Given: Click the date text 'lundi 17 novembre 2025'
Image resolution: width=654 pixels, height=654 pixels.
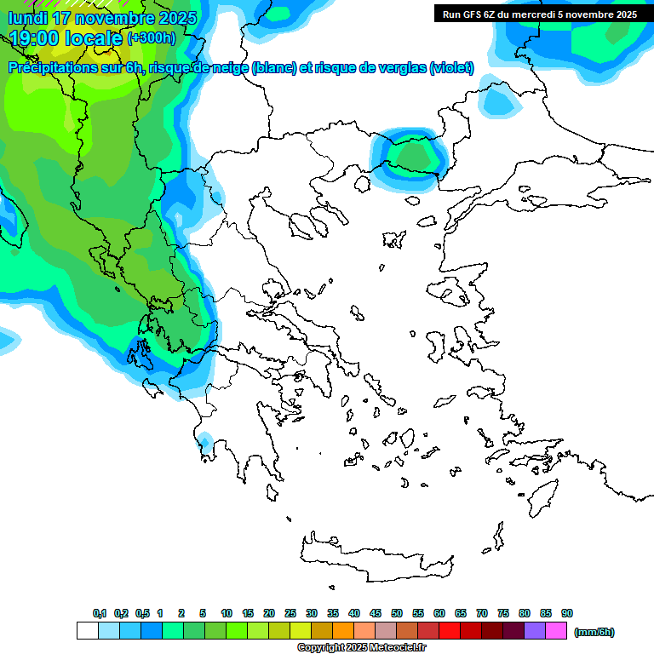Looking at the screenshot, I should point(102,18).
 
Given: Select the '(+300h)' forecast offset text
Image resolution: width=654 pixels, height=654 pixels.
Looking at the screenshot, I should point(152,38).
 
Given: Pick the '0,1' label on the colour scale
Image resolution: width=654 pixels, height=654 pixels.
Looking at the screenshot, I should point(100,613).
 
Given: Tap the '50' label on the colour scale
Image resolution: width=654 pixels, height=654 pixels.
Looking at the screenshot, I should point(397,613).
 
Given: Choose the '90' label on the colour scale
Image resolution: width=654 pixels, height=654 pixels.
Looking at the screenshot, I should point(567,613).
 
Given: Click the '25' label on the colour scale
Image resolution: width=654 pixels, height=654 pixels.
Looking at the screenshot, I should point(290,613).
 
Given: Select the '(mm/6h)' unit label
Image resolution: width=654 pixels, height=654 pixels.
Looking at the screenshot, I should point(594,632).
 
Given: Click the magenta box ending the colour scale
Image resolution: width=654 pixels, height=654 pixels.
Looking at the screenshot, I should point(556,631).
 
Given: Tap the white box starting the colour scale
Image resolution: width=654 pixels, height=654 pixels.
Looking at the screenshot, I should point(87,631).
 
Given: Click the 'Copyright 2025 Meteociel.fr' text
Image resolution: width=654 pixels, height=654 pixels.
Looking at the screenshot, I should point(361,648).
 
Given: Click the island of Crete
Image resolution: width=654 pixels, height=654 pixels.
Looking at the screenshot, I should point(375,554).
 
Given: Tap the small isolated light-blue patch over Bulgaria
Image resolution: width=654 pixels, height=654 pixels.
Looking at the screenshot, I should point(499,100).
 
